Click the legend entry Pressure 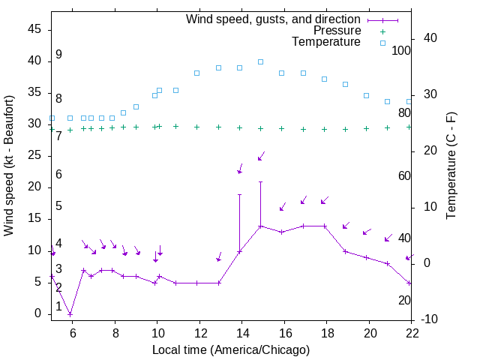335,31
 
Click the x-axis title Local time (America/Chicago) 231,349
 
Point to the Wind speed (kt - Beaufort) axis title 9,166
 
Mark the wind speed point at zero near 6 70,314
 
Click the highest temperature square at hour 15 260,61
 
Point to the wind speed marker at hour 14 239,251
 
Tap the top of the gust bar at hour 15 260,181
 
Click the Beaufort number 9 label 58,55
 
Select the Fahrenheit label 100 402,50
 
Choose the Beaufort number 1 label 58,307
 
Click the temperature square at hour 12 196,73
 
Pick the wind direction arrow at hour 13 219,257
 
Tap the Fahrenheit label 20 404,300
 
